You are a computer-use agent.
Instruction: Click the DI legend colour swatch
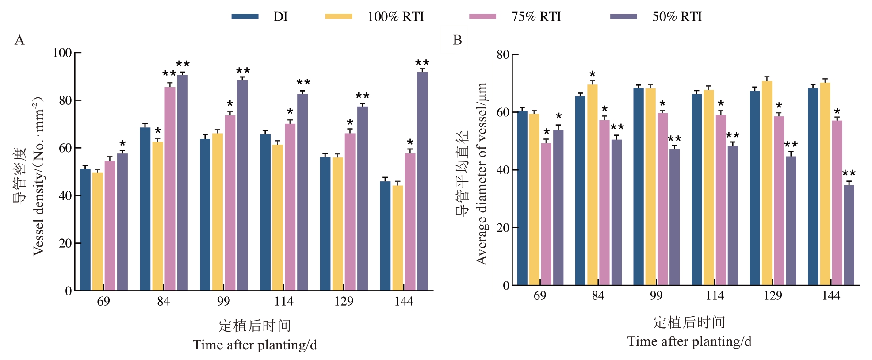point(245,16)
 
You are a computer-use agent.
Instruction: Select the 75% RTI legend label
point(536,17)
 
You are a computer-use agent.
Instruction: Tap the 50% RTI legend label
point(677,17)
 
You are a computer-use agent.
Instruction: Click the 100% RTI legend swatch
point(339,16)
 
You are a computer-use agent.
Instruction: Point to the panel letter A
point(19,40)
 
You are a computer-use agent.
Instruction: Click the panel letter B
point(457,40)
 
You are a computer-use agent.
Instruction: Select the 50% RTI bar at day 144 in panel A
point(422,181)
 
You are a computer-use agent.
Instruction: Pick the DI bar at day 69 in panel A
point(85,230)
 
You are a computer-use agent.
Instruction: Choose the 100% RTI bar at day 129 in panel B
point(767,183)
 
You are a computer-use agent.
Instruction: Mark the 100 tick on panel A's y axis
point(62,53)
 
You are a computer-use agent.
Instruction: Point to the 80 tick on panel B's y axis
point(503,55)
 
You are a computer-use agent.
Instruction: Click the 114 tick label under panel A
point(283,302)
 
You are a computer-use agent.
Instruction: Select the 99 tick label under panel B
point(656,296)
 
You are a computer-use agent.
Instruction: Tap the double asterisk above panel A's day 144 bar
point(422,64)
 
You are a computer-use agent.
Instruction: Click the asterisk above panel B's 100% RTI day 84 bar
point(593,74)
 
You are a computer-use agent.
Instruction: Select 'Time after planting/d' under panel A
point(255,345)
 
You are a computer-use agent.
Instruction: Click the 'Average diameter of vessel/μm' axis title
point(482,173)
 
